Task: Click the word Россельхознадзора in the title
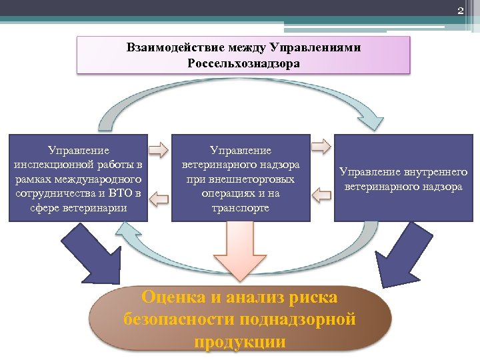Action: pos(244,64)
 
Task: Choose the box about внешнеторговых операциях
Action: pos(241,178)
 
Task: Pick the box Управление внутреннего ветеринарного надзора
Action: pos(403,178)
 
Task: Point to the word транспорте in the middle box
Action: pos(241,208)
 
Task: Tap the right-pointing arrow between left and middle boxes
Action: pos(158,147)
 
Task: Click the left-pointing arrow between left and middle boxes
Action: pos(158,197)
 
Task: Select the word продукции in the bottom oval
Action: pos(240,342)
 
